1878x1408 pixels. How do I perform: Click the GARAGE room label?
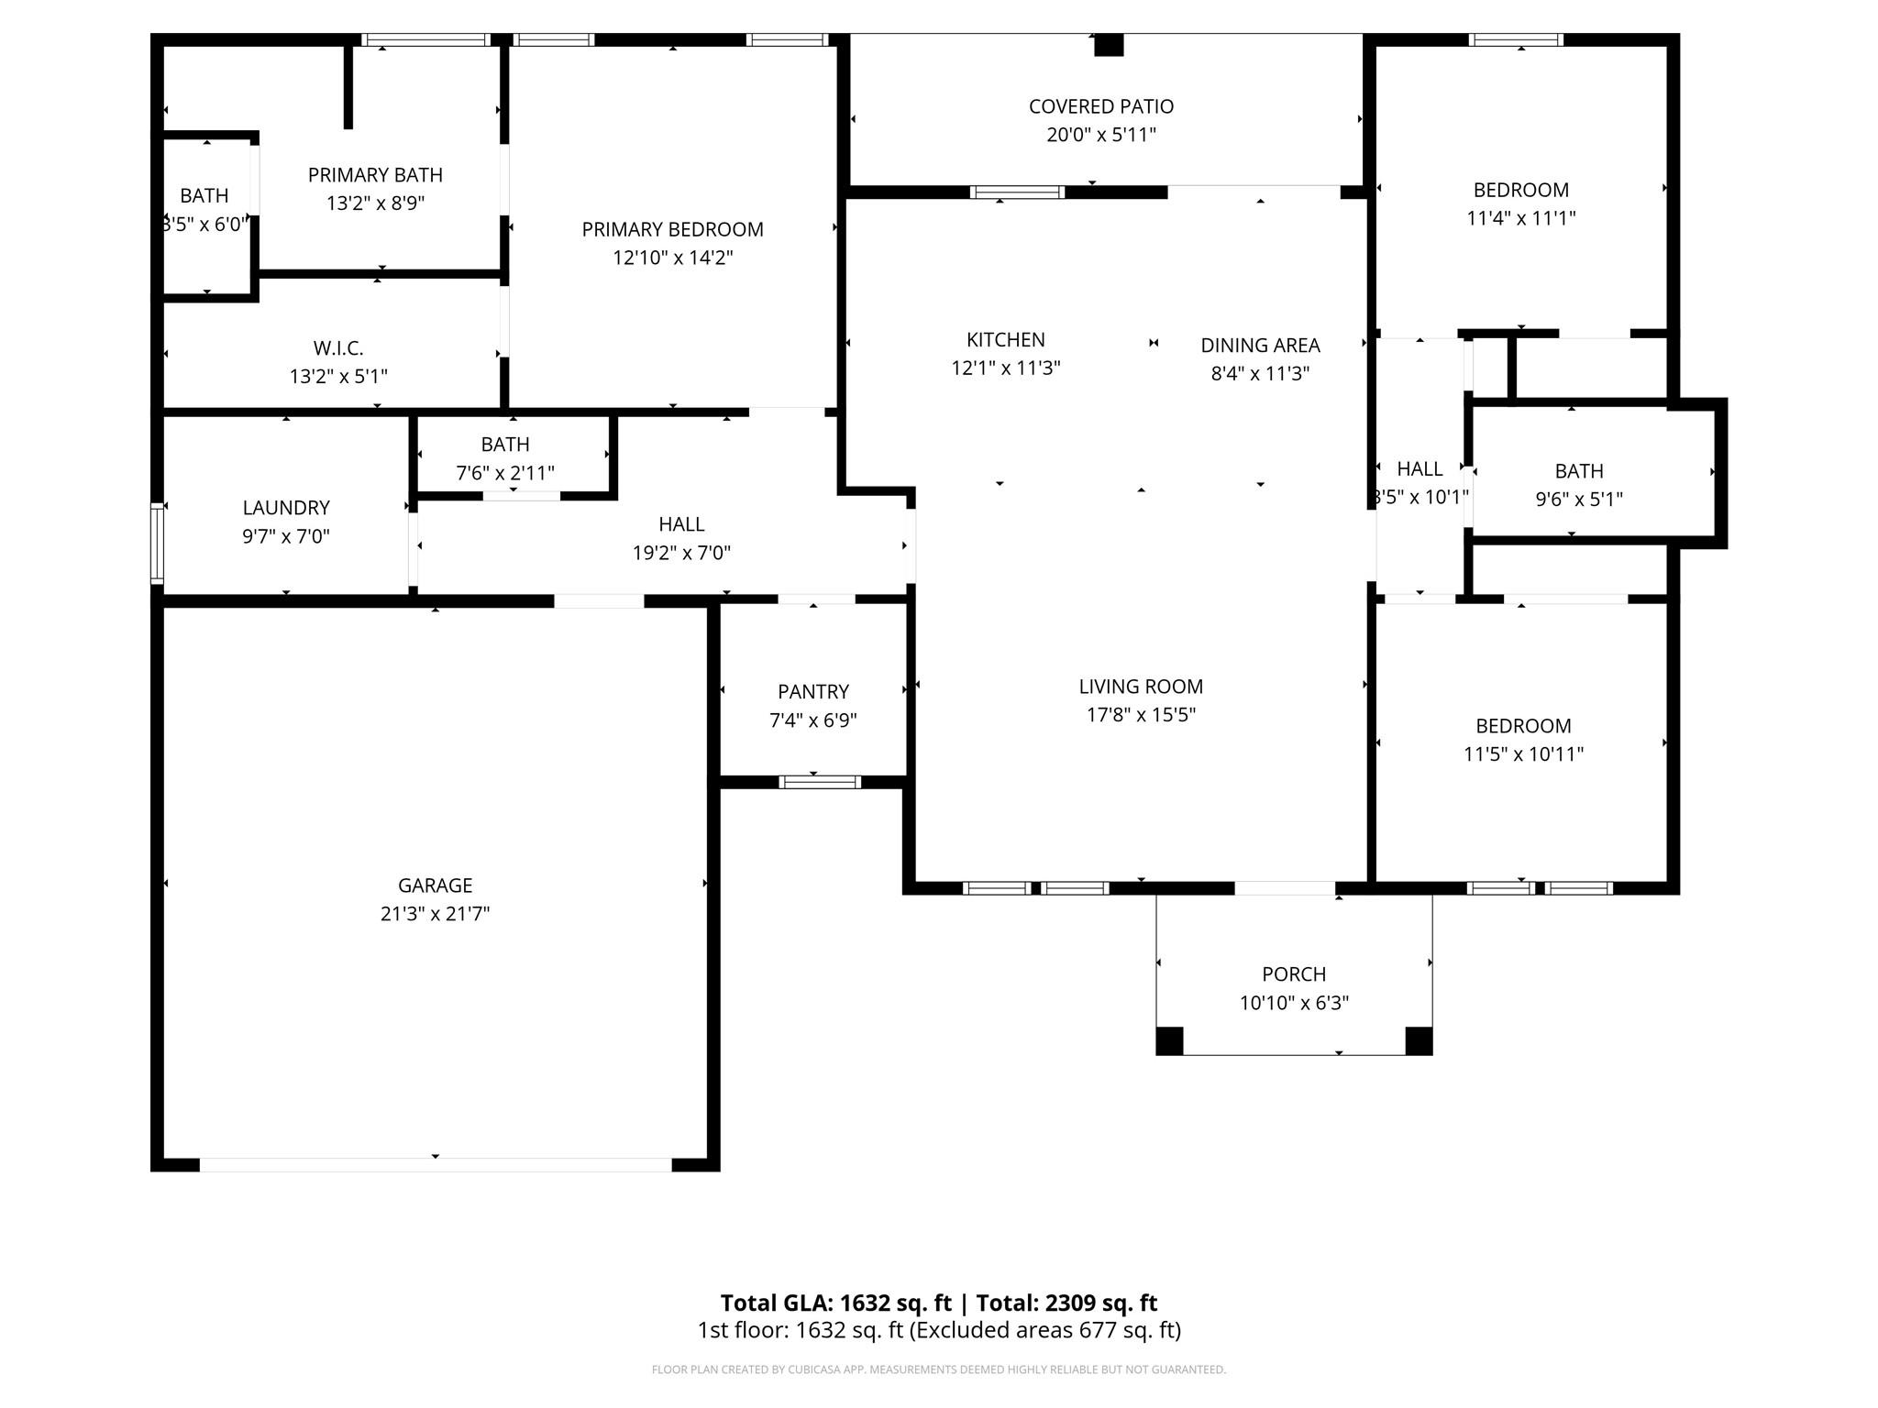point(435,885)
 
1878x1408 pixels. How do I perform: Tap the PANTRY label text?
point(813,692)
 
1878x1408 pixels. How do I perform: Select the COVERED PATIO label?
point(1100,106)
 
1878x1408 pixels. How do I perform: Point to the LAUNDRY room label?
point(286,508)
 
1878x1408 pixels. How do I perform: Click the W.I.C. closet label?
point(338,348)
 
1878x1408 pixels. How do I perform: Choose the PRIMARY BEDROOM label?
point(672,229)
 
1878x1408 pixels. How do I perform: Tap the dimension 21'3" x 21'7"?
point(435,914)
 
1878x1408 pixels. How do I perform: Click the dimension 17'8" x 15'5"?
point(1141,715)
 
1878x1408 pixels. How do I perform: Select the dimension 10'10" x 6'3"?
point(1294,1003)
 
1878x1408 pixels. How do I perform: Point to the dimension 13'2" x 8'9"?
point(375,203)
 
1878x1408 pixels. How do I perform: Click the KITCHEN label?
point(1005,340)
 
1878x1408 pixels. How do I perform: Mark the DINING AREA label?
point(1260,346)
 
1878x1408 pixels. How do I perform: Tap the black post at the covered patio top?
point(1109,45)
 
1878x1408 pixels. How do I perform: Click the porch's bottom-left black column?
point(1169,1040)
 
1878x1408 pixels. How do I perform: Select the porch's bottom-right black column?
point(1419,1040)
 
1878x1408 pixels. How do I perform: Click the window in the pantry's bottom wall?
point(820,782)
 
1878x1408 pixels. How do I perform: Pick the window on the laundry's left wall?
point(157,544)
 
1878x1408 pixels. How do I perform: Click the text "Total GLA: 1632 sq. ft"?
point(835,1303)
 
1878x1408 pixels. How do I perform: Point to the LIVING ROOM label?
point(1141,687)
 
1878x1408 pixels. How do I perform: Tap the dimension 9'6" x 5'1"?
point(1579,500)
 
